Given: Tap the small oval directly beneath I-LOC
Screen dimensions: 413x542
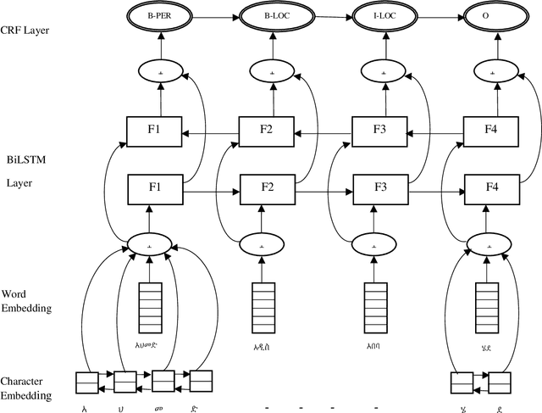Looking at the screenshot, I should [x=383, y=73].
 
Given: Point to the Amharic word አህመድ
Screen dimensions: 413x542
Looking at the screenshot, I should [x=150, y=345].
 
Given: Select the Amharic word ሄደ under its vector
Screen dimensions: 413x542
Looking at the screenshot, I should [x=488, y=345].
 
